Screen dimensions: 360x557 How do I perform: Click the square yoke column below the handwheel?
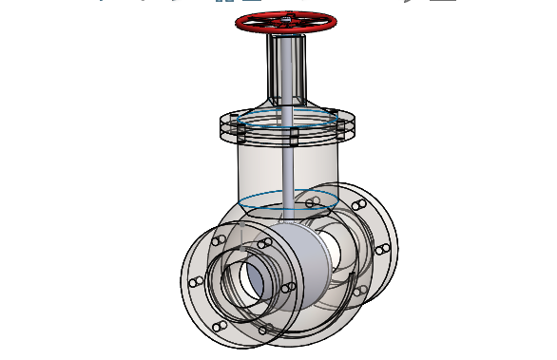point(287,66)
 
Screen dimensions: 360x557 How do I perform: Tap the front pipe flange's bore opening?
point(256,279)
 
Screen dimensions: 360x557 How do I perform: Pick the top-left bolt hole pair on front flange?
point(217,243)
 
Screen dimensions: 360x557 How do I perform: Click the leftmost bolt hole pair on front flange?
point(195,282)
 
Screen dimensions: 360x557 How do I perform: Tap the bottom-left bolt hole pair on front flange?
point(219,326)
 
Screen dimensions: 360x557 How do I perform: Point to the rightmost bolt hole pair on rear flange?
point(382,249)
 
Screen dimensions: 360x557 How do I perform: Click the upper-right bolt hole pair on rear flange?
point(359,204)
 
